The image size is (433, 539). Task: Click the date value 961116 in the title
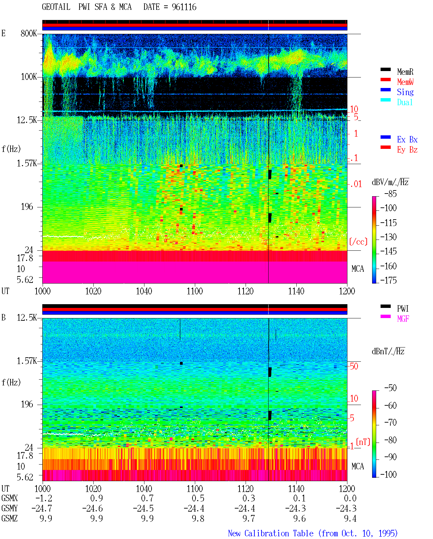[184, 7]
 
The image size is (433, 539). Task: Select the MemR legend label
[405, 72]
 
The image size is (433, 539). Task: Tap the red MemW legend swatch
[385, 80]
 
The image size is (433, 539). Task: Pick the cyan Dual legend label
[405, 102]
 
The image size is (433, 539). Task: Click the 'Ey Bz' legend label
[407, 150]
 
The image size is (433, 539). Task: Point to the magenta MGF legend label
[403, 319]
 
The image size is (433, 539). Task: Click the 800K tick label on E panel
[29, 33]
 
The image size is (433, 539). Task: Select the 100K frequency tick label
[29, 77]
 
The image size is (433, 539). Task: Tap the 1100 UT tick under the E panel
[195, 291]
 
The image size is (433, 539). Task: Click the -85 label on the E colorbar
[390, 194]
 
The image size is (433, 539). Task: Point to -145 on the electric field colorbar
[388, 251]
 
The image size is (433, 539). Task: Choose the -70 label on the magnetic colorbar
[390, 423]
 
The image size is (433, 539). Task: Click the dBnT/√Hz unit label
[388, 351]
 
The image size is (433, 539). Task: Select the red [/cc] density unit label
[358, 242]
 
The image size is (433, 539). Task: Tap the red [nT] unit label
[363, 442]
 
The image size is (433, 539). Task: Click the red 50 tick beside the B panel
[354, 366]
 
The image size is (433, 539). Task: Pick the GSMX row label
[9, 498]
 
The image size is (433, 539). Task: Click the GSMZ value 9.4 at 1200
[350, 518]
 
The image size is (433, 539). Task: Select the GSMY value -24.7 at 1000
[42, 509]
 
